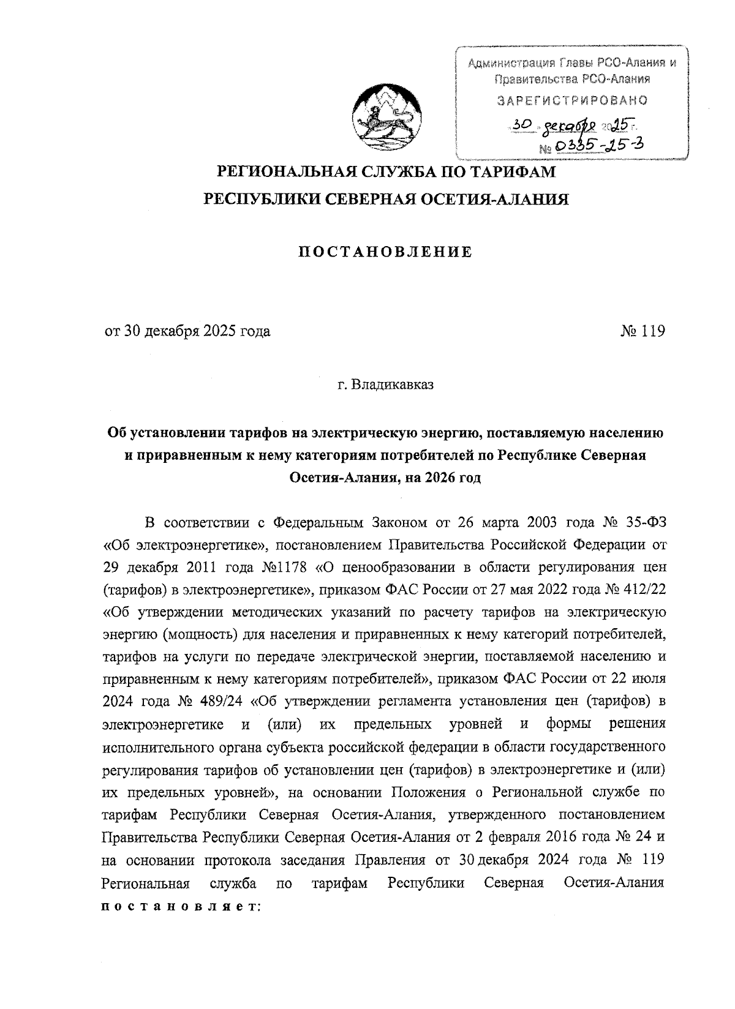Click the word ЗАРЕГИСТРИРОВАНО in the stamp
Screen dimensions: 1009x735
pos(573,100)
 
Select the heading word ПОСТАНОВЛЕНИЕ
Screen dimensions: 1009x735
pos(385,252)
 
